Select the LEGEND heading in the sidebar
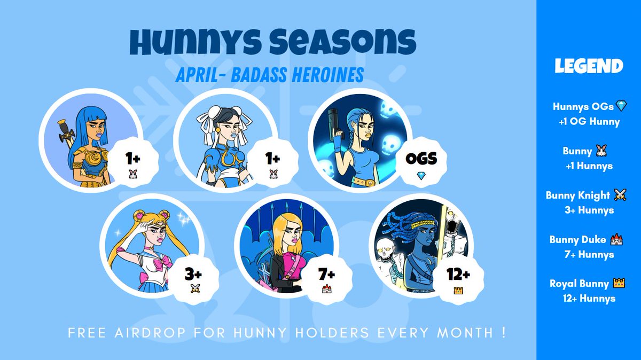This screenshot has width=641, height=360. [x=589, y=66]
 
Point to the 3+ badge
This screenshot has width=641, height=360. [x=193, y=280]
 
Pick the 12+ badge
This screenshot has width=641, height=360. [x=458, y=279]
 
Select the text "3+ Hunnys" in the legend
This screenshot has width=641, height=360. [x=589, y=210]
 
